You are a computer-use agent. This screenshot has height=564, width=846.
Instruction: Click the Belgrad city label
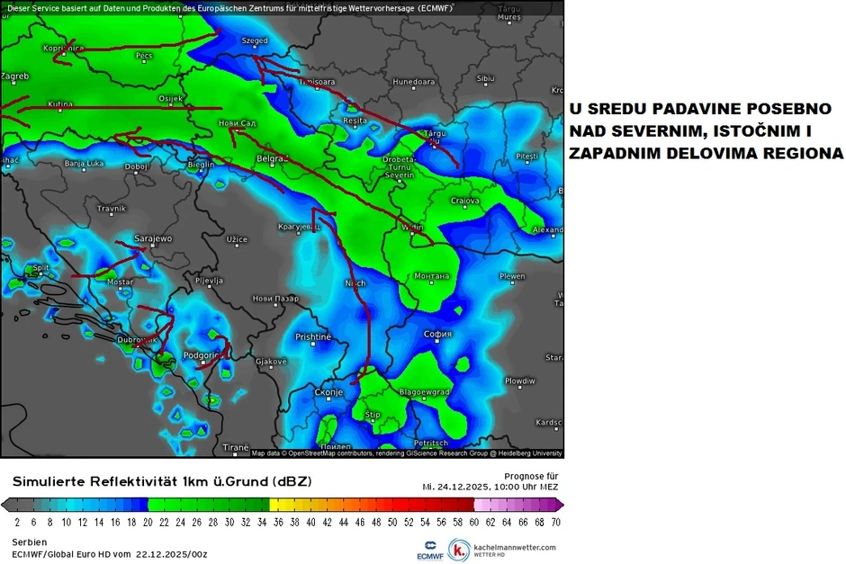[x=271, y=158]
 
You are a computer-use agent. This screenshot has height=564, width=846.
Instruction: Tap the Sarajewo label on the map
[x=152, y=238]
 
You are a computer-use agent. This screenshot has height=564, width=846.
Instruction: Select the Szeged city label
[x=255, y=40]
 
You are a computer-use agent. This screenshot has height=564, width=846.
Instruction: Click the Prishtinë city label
[x=313, y=336]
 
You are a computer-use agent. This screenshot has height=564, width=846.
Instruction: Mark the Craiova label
[x=464, y=201]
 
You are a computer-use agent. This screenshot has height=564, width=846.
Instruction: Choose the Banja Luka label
[x=84, y=164]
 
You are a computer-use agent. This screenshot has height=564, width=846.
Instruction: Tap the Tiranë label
[x=235, y=446]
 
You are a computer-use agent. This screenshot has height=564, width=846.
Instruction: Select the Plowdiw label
[x=519, y=380]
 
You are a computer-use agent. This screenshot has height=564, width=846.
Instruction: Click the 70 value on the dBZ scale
[x=556, y=521]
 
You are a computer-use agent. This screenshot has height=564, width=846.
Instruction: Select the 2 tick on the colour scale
[x=17, y=521]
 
